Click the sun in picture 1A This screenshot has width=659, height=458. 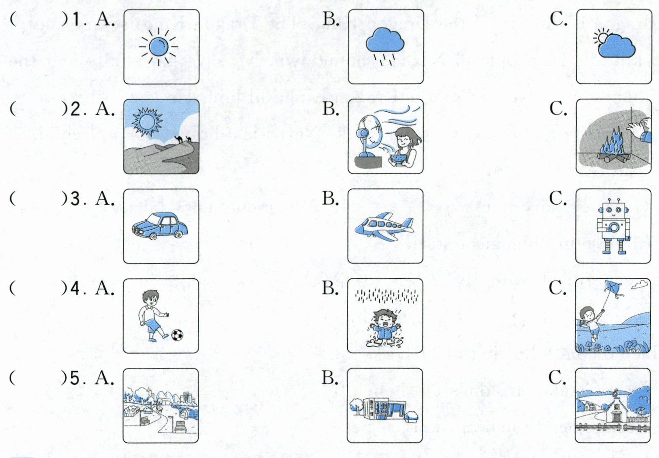pos(159,46)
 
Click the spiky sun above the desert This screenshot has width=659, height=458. pos(147,122)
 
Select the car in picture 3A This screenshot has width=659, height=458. pos(160,226)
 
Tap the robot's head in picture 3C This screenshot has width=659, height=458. pos(614,209)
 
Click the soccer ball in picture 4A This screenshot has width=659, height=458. pos(177,335)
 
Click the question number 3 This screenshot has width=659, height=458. pos(75,199)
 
